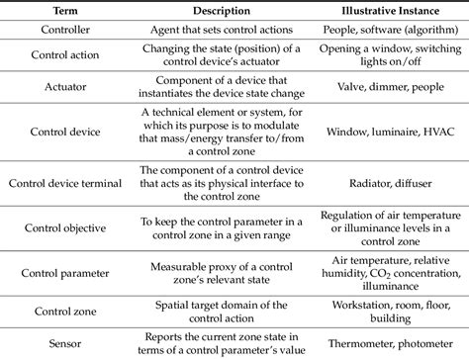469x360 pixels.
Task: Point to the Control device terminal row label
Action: point(63,181)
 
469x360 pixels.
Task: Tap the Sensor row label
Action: point(63,339)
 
